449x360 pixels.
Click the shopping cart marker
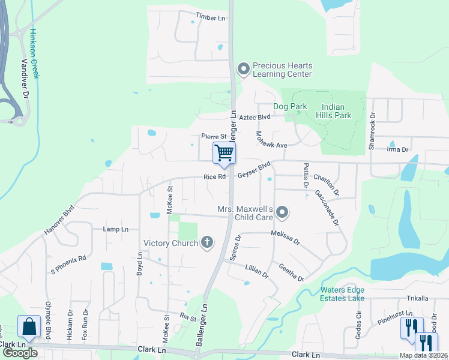[224, 153]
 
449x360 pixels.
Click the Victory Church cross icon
[207, 242]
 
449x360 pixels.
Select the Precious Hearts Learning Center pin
[243, 70]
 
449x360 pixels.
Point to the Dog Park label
[290, 106]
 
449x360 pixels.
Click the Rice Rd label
[214, 177]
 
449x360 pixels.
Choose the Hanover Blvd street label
[59, 220]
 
